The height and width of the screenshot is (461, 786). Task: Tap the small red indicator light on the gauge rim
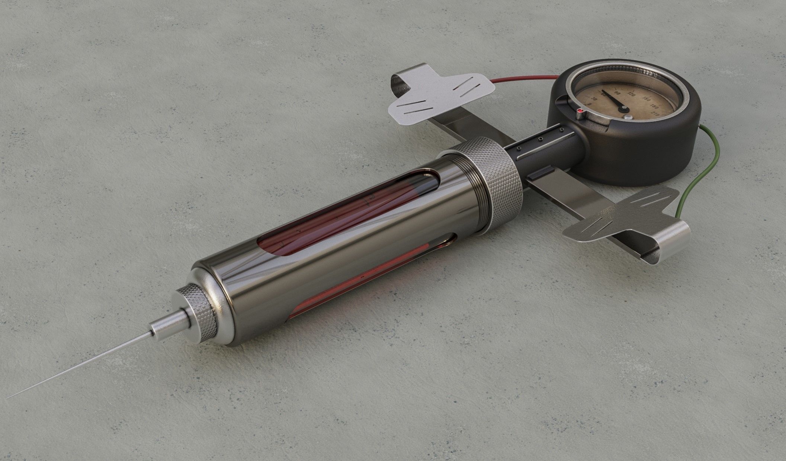point(580,111)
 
